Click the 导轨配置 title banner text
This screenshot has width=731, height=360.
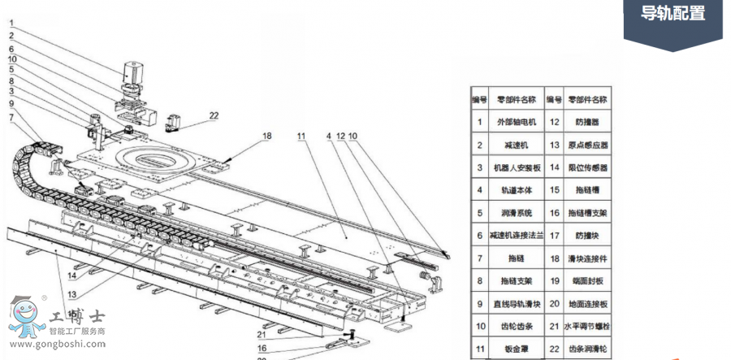pyautogui.click(x=673, y=14)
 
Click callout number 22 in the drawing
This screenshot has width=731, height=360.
pyautogui.click(x=213, y=115)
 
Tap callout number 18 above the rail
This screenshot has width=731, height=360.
pyautogui.click(x=266, y=137)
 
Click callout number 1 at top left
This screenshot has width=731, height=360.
pyautogui.click(x=11, y=23)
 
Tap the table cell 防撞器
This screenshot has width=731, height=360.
pyautogui.click(x=588, y=122)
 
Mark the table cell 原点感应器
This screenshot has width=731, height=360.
pyautogui.click(x=588, y=145)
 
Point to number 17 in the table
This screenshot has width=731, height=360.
pyautogui.click(x=554, y=236)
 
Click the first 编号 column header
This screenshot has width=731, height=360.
pyautogui.click(x=479, y=99)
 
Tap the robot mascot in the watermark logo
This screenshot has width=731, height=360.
pyautogui.click(x=28, y=317)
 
